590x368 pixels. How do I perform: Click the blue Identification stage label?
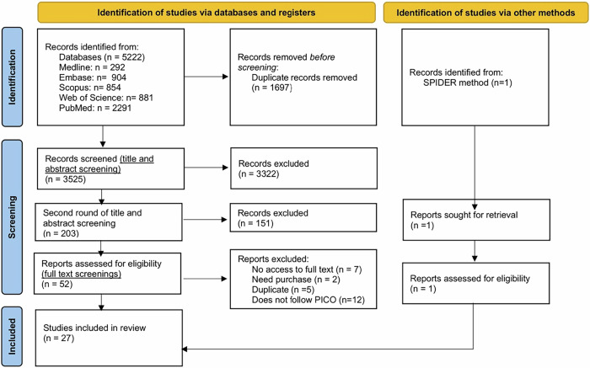(12, 77)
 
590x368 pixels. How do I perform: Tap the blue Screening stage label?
(12, 217)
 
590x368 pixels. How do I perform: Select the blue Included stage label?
(12, 337)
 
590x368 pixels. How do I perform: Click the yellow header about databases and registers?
(206, 13)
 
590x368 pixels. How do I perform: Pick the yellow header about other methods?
(485, 13)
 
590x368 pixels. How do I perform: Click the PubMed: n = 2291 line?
(95, 108)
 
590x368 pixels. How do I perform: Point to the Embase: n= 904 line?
(93, 77)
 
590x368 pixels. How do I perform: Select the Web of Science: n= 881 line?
(106, 98)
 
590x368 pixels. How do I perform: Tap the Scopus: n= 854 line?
(90, 88)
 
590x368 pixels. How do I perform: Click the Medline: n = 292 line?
(92, 67)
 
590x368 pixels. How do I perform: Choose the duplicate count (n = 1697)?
(271, 88)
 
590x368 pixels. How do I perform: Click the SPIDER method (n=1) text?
(468, 83)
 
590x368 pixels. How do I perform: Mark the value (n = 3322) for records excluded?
(259, 174)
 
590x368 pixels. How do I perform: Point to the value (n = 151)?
(255, 223)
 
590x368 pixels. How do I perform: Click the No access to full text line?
(307, 269)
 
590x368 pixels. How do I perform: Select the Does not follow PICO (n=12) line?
(308, 300)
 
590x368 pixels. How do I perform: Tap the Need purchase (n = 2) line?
(296, 280)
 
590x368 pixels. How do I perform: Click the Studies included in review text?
(94, 328)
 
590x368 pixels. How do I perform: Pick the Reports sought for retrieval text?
(464, 215)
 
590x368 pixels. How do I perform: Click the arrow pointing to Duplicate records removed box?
(206, 77)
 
